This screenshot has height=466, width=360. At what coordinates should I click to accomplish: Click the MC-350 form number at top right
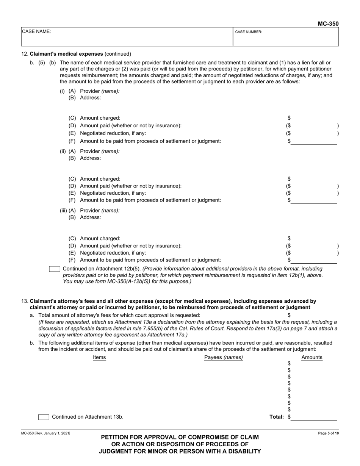328,23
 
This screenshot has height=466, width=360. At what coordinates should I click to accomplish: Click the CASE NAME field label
36,32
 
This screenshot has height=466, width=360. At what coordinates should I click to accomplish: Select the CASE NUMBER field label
249,32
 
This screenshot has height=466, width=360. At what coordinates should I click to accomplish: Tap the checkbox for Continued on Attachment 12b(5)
55,269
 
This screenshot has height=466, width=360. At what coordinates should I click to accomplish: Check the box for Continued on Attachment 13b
44,417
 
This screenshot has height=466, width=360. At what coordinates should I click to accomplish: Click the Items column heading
99,357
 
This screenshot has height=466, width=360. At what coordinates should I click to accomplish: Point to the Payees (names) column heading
223,357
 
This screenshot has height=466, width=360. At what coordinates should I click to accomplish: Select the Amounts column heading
311,357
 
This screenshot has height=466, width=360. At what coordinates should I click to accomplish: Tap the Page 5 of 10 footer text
328,433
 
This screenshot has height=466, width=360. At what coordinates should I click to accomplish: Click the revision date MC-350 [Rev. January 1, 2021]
45,433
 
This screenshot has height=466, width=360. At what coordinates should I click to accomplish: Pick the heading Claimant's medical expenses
66,54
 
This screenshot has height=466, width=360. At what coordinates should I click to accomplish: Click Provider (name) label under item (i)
100,91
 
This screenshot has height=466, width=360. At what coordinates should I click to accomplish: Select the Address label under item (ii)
91,158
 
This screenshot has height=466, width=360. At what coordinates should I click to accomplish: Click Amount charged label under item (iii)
100,238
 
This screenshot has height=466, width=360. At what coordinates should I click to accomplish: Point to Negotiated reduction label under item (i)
113,133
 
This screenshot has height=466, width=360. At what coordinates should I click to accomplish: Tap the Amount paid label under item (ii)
130,186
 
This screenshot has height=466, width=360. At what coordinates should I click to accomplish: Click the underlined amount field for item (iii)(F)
314,260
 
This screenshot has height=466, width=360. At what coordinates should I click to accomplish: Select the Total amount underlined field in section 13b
314,417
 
